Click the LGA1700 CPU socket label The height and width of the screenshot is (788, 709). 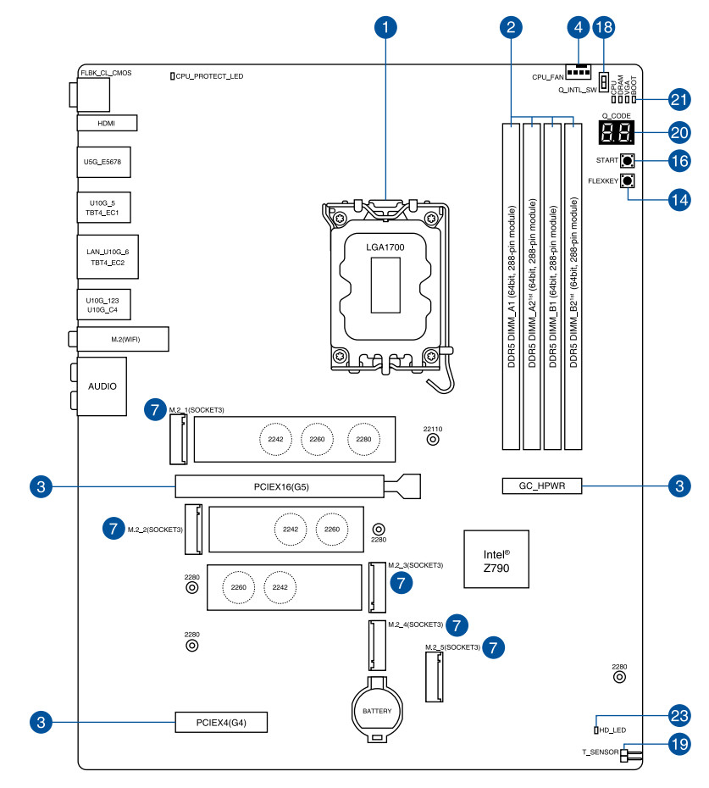[x=385, y=247]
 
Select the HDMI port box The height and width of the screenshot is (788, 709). [x=106, y=123]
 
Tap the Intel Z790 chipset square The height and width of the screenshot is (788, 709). [x=496, y=559]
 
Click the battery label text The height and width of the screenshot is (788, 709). [x=377, y=710]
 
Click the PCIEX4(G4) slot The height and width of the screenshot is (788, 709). [x=220, y=723]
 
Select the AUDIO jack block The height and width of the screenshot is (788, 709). [x=102, y=386]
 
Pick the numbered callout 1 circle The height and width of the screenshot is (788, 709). [x=385, y=28]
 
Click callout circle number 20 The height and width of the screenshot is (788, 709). [x=679, y=132]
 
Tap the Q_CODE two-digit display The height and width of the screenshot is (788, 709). [x=616, y=132]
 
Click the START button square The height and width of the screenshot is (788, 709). [x=628, y=160]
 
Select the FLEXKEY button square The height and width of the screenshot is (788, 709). [x=628, y=180]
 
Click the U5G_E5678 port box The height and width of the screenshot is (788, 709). [x=103, y=159]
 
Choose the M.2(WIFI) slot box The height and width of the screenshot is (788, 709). [x=125, y=340]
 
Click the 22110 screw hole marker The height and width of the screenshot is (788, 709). [x=433, y=440]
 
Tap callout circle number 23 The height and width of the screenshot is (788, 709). [x=679, y=715]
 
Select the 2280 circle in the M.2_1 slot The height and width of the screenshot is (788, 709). [x=363, y=439]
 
